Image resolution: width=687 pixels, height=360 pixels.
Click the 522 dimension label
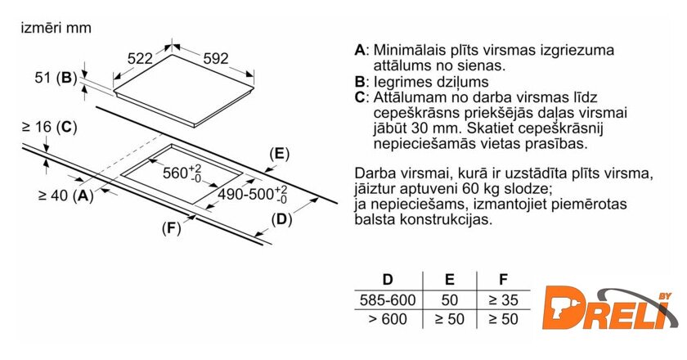140,58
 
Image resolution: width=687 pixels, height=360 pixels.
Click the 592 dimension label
216,58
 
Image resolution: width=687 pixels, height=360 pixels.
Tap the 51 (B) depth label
56,78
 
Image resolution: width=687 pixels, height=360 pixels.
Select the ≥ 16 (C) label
50,127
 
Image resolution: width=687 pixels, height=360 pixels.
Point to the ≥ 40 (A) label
66,195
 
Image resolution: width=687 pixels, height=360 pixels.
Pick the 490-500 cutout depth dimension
253,193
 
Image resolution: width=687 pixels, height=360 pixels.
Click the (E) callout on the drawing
280,154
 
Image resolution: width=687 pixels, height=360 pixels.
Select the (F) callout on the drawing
171,228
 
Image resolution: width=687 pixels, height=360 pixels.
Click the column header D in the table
388,279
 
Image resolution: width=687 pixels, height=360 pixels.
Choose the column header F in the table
504,279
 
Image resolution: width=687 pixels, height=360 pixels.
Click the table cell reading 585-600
388,300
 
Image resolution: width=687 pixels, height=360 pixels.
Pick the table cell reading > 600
388,319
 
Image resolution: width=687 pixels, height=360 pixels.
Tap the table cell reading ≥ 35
504,300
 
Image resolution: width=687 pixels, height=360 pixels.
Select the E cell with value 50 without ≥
450,300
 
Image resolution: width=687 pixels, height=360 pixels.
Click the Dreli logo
609,308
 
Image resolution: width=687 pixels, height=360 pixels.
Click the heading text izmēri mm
56,28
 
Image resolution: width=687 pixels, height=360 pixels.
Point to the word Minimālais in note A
408,50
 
